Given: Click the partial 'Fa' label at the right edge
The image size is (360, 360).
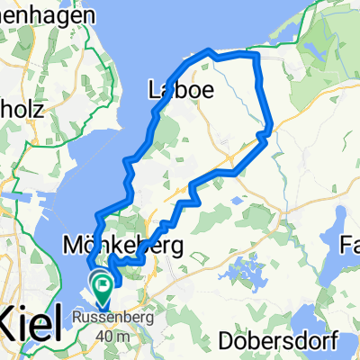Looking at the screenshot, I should coord(350,244).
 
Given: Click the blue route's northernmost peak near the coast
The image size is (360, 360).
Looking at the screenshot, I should coord(209,50).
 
